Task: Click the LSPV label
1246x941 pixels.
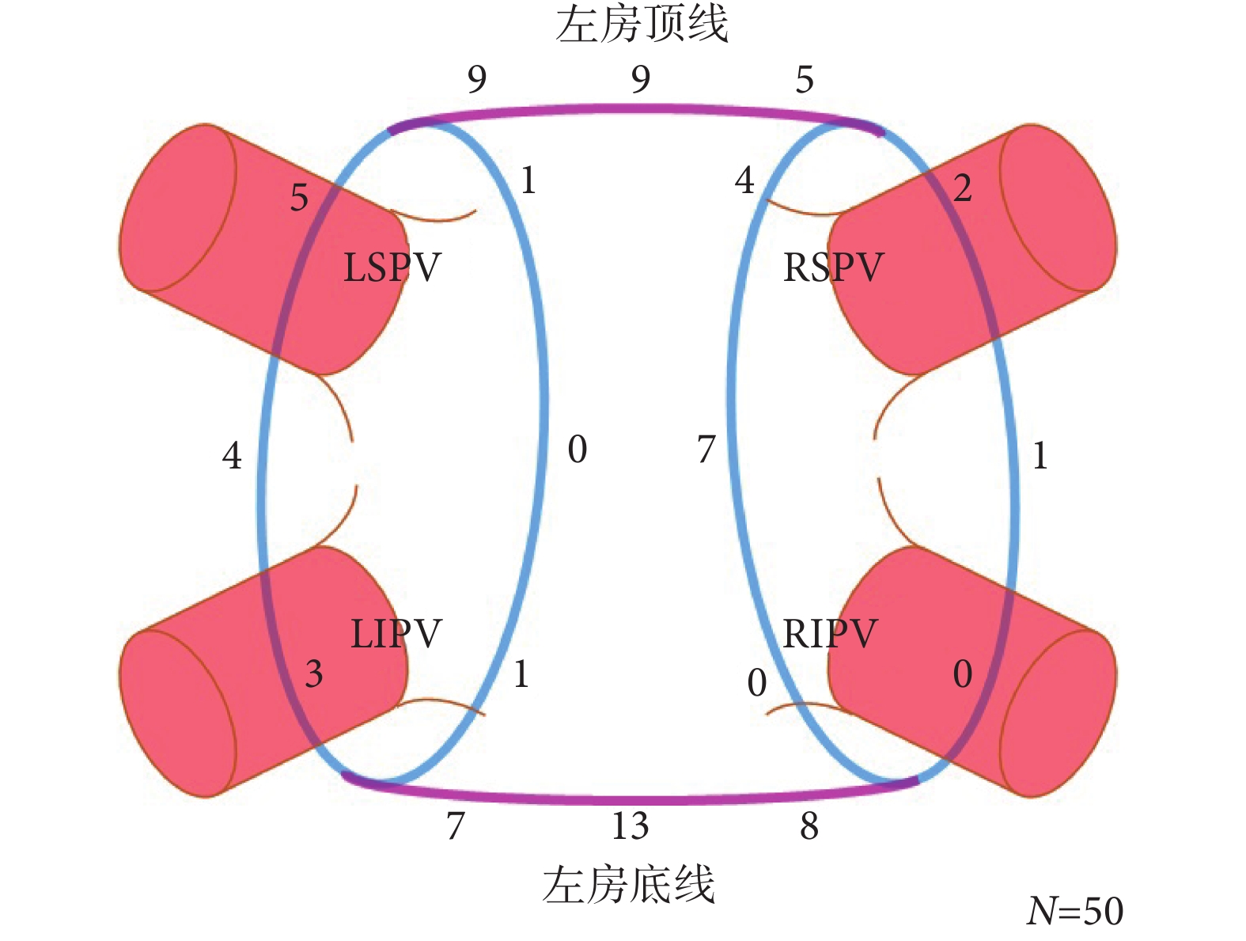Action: pyautogui.click(x=392, y=268)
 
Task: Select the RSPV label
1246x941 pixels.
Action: pyautogui.click(x=832, y=268)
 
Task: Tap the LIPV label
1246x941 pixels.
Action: pyautogui.click(x=396, y=634)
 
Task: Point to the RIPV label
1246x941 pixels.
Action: pyautogui.click(x=830, y=634)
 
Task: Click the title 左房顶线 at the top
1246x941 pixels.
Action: pyautogui.click(x=642, y=25)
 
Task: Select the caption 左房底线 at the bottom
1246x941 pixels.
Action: pyautogui.click(x=629, y=884)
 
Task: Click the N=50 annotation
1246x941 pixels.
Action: pyautogui.click(x=1074, y=911)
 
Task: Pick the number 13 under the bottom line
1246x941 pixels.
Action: pyautogui.click(x=630, y=826)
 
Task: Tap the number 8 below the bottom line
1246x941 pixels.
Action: pyautogui.click(x=809, y=826)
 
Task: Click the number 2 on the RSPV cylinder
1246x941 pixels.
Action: pyautogui.click(x=962, y=188)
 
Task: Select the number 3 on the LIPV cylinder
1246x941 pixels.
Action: pyautogui.click(x=314, y=674)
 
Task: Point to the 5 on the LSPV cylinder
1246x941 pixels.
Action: pyautogui.click(x=299, y=197)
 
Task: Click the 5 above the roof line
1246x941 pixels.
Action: pyautogui.click(x=805, y=80)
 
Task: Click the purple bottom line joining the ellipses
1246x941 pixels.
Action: pyautogui.click(x=633, y=799)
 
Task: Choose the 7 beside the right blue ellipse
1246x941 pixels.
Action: pyautogui.click(x=706, y=450)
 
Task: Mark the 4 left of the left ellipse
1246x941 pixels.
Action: pyautogui.click(x=231, y=456)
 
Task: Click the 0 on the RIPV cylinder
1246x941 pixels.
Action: pyautogui.click(x=962, y=674)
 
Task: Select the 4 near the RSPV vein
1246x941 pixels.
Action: pyautogui.click(x=744, y=180)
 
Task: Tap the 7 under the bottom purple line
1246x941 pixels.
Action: pyautogui.click(x=455, y=826)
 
